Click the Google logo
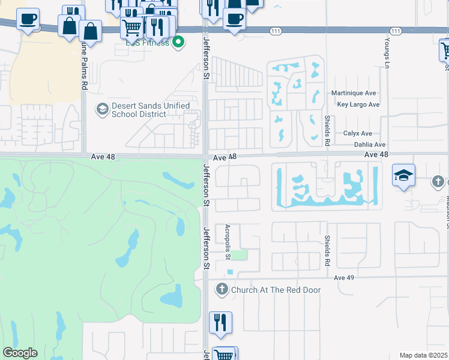coord(20,353)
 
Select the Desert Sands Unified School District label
coord(151,110)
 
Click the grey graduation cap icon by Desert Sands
coord(102,109)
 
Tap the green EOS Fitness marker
coord(178,42)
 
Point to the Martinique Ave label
coord(354,93)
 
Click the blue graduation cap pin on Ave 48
coord(404,175)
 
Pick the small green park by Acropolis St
coord(239,255)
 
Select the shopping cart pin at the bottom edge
coord(224,355)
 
